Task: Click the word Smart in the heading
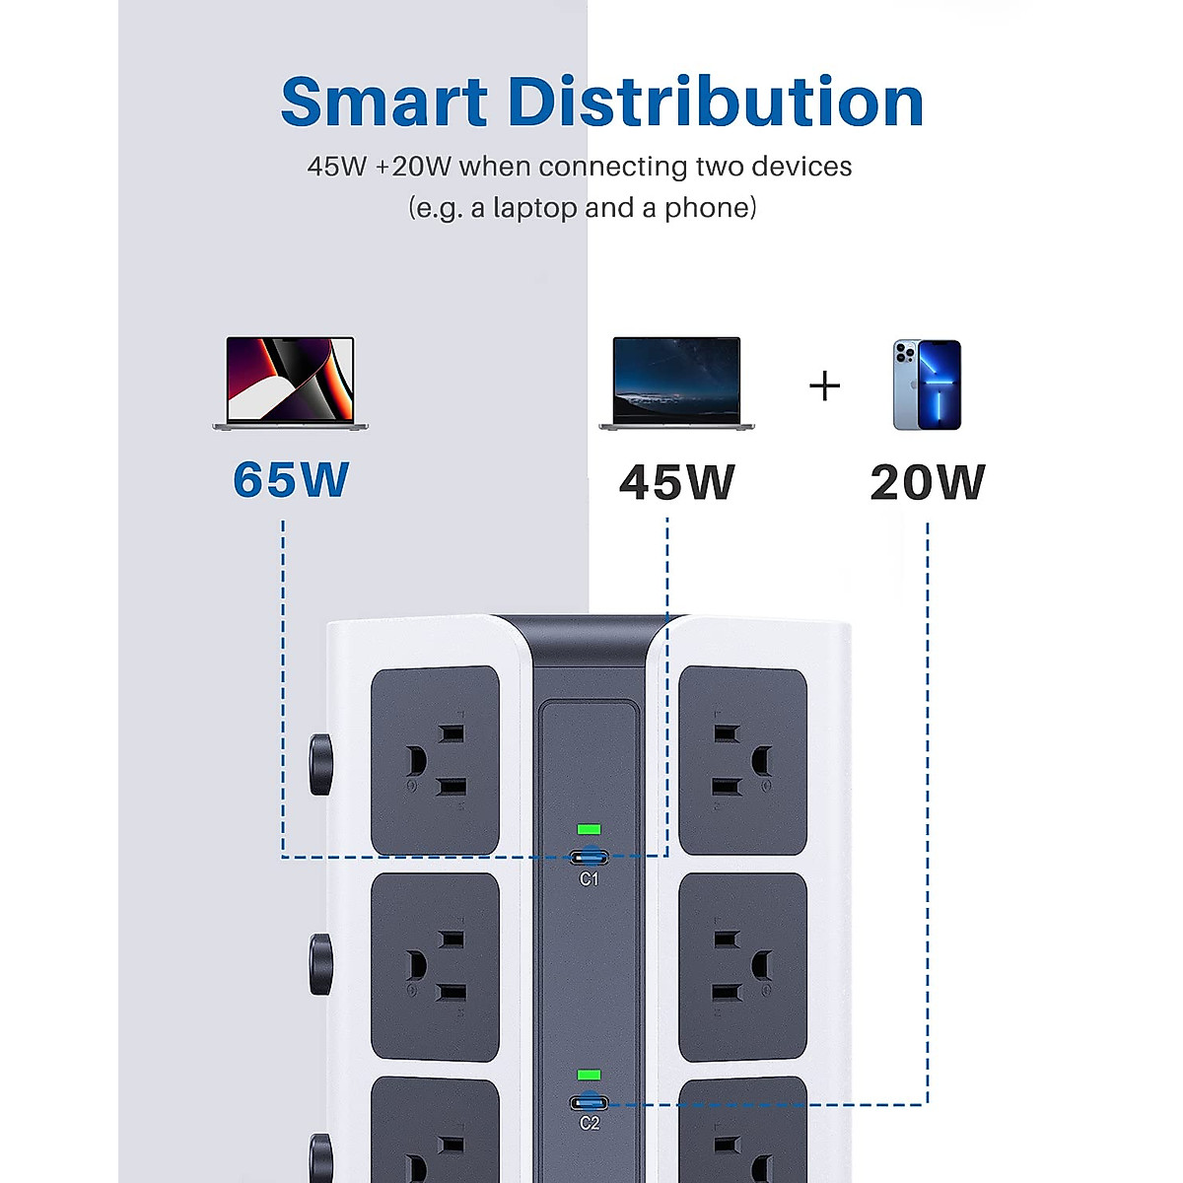(x=384, y=102)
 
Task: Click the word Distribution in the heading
(x=716, y=102)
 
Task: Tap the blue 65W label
(x=291, y=480)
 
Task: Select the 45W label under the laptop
(x=677, y=482)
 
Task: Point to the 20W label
(x=928, y=482)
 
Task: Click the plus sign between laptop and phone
(x=824, y=385)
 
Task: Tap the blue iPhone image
(x=927, y=384)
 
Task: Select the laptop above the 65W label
(x=291, y=383)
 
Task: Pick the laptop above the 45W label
(x=676, y=383)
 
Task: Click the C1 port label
(x=590, y=879)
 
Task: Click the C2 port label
(x=590, y=1123)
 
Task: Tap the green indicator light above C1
(x=590, y=829)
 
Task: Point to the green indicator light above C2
(x=590, y=1075)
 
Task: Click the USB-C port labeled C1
(x=590, y=856)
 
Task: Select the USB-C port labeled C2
(x=590, y=1102)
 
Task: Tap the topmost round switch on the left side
(x=320, y=764)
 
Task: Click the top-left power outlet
(x=435, y=760)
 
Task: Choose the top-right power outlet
(x=742, y=760)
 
